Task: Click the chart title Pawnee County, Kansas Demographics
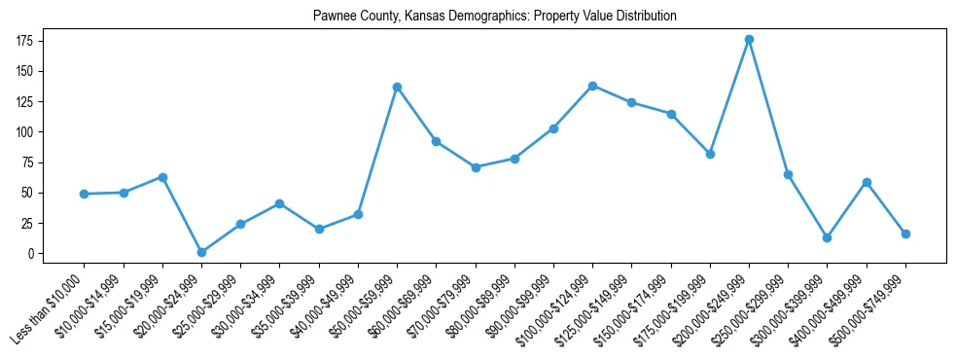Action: [495, 17]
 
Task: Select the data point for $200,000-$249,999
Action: [749, 40]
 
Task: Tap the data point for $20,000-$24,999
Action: [201, 252]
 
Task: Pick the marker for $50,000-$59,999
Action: [397, 87]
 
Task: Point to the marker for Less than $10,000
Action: [85, 194]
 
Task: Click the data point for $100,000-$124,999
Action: [592, 86]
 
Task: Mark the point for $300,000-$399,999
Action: [827, 237]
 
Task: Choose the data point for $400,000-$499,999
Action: [867, 182]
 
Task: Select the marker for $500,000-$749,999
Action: [905, 234]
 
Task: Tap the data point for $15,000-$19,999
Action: [162, 177]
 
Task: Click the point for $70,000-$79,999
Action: [476, 167]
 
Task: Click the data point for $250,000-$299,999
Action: [788, 174]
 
